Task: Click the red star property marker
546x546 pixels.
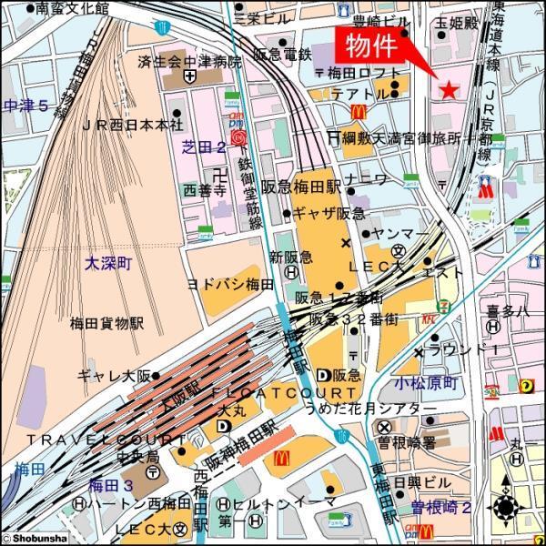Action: (x=448, y=89)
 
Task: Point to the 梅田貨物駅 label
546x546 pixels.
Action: (x=107, y=322)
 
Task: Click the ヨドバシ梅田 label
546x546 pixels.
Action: (x=230, y=284)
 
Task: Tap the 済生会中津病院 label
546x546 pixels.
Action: (x=191, y=63)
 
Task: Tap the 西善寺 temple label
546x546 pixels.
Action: (x=204, y=189)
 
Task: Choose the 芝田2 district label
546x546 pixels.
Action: (x=204, y=145)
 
